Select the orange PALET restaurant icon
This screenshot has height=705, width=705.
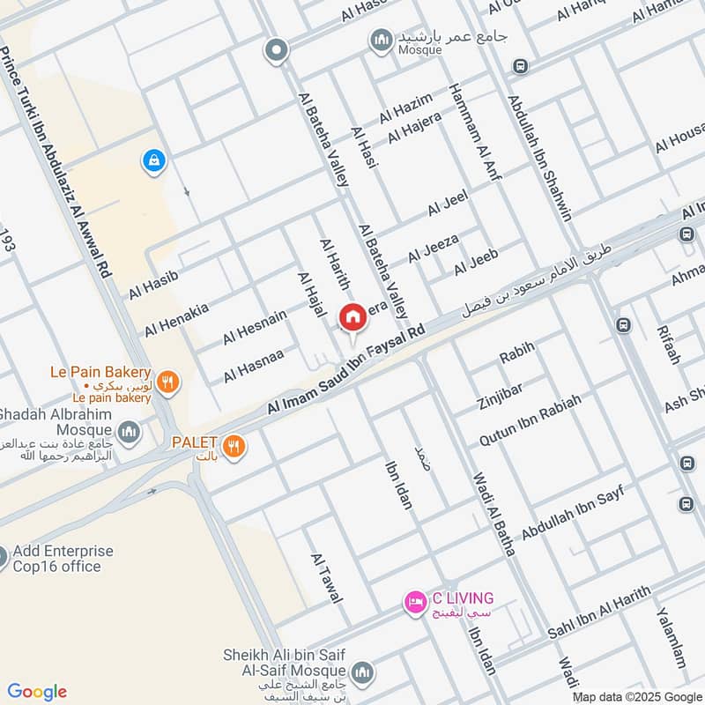click(x=234, y=446)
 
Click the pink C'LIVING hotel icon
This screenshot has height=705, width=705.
click(x=415, y=603)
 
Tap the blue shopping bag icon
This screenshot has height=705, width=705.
click(x=154, y=160)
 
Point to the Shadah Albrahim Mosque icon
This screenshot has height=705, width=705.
click(x=129, y=433)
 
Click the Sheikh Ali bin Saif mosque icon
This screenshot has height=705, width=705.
click(x=362, y=673)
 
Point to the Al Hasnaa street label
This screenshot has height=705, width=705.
click(x=253, y=365)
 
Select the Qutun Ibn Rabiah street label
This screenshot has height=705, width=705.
click(x=530, y=419)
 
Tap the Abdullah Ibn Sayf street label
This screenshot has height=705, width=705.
click(x=572, y=513)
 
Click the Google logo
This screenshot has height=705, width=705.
click(x=37, y=692)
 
